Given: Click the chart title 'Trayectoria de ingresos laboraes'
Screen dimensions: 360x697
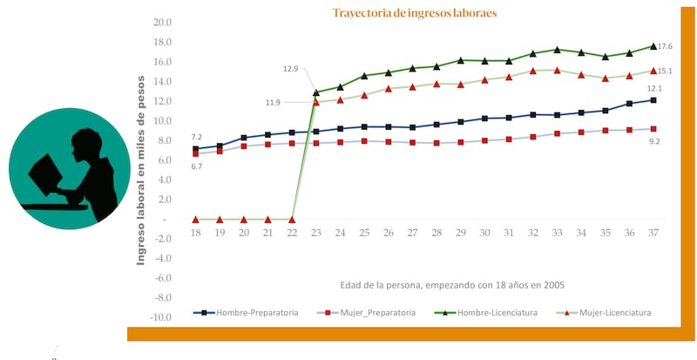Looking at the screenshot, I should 415,14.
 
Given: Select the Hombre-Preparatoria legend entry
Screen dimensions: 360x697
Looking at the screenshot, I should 247,312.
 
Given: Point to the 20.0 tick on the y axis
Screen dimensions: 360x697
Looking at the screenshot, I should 160,23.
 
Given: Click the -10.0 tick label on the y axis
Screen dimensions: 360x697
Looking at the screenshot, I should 159,316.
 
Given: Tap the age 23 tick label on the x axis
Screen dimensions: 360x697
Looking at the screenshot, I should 316,234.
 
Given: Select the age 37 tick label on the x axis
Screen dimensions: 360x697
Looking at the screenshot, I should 653,234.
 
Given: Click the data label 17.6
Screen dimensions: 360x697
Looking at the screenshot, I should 665,46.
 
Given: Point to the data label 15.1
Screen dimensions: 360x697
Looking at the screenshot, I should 665,71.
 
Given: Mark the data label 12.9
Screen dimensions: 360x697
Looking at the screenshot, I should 291,69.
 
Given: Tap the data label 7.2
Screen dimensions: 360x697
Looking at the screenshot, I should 197,137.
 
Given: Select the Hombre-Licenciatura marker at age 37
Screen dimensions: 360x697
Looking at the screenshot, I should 653,46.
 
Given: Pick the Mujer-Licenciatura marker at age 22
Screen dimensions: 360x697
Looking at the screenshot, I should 292,220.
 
